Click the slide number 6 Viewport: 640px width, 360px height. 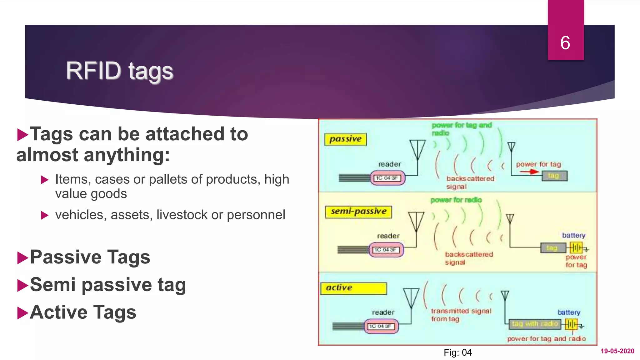pos(565,43)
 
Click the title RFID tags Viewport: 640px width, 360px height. pos(119,71)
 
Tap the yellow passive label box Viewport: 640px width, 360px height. pos(345,139)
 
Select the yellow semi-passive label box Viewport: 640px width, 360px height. pos(358,212)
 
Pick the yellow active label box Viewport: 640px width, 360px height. pos(353,288)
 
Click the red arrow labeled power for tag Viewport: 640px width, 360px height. pos(530,172)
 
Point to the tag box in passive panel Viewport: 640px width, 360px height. pos(554,176)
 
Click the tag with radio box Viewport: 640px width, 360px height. pos(535,324)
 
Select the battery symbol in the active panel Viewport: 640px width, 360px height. pos(572,324)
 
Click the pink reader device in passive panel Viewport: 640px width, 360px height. pos(387,178)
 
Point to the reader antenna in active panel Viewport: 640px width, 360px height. pos(411,298)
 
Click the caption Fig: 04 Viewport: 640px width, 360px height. pos(457,352)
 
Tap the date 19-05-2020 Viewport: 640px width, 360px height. pos(617,351)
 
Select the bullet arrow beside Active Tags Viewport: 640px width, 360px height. pos(23,313)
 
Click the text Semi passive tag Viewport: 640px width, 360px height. pos(108,285)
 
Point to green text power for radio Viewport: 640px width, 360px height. pos(456,200)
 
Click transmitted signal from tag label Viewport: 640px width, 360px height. pos(461,315)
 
